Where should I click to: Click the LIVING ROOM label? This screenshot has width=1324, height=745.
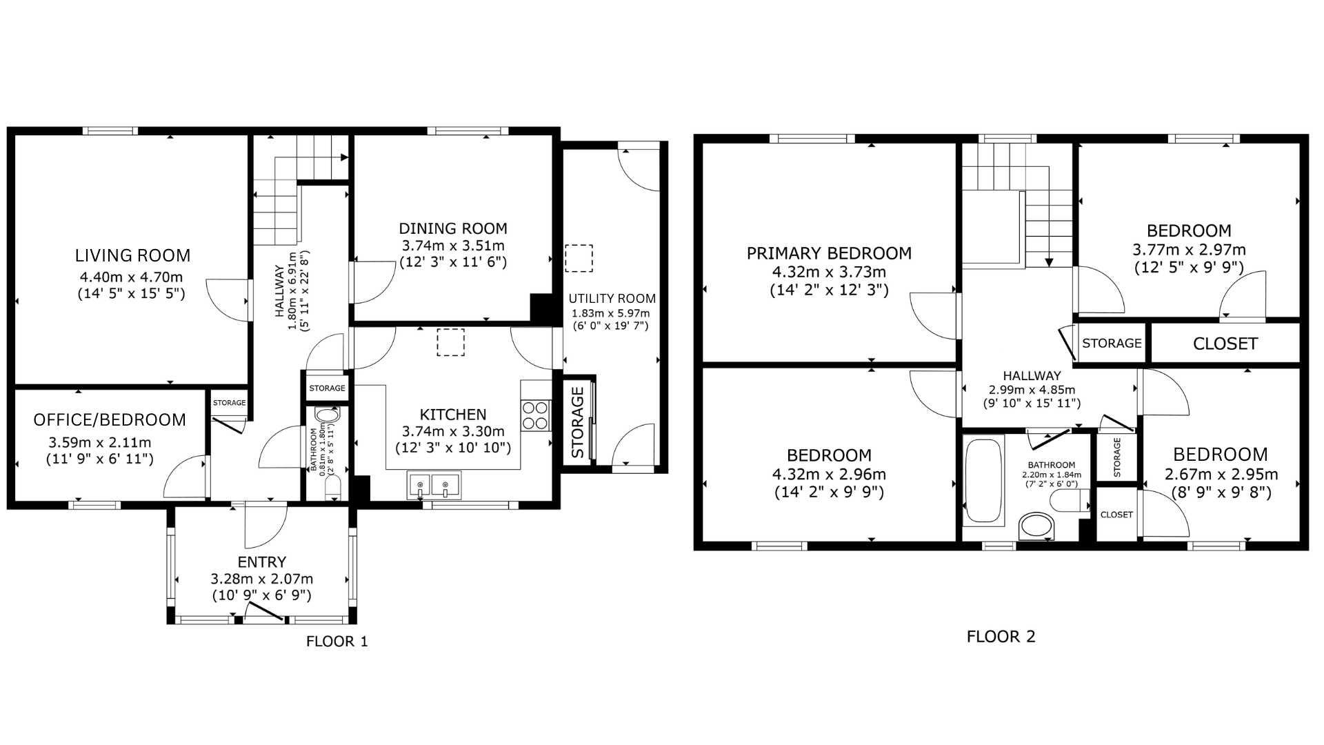pos(132,255)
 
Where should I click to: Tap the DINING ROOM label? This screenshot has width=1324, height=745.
pos(453,228)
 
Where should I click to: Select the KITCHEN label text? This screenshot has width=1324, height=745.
pos(453,415)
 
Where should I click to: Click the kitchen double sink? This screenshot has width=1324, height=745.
pos(434,484)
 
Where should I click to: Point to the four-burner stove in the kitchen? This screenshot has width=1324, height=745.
pos(535,415)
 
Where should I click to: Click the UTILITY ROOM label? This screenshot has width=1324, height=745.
pos(612,299)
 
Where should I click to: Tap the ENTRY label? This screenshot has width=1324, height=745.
pos(262,562)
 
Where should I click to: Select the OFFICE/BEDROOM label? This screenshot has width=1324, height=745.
pos(110,420)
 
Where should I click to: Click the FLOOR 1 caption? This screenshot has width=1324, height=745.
pos(337,642)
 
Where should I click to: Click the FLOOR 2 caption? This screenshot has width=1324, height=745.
pos(1001,637)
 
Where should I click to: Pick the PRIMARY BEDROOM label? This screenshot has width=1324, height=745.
pos(829,253)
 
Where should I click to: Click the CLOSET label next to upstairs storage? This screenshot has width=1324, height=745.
pos(1225,344)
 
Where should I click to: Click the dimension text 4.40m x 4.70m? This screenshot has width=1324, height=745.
pos(131,277)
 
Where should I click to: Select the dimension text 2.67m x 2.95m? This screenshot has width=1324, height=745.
pos(1221,475)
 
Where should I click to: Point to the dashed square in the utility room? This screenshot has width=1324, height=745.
pos(579,258)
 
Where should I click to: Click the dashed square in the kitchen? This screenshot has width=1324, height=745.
pos(450,342)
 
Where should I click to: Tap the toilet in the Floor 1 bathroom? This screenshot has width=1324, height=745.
pos(332,488)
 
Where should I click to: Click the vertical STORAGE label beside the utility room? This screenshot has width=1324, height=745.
pos(578,422)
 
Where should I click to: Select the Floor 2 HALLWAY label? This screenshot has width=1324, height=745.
pos(1032,376)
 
